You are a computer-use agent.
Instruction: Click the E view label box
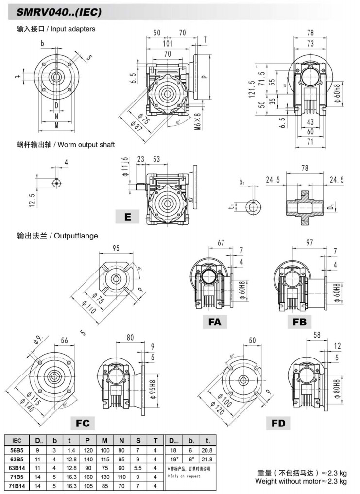127,217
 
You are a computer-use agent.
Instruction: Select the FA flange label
215,321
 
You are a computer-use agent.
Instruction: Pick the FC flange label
83,423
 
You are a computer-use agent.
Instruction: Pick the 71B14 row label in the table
16,485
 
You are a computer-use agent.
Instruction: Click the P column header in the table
88,441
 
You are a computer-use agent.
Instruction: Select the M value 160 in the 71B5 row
105,477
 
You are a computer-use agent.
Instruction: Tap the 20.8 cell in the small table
208,450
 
